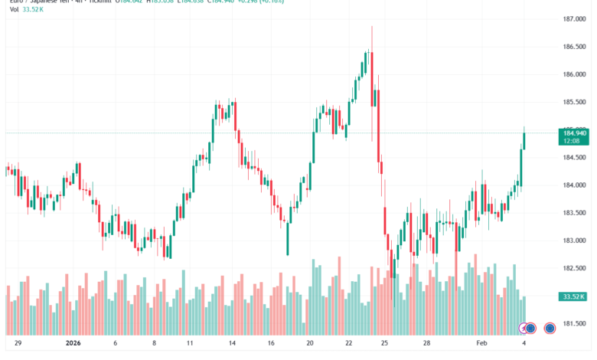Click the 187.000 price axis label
pyautogui.click(x=573, y=19)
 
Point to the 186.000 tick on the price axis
pyautogui.click(x=573, y=74)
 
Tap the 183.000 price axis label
pyautogui.click(x=573, y=241)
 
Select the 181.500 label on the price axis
pyautogui.click(x=573, y=323)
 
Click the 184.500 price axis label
pyautogui.click(x=573, y=158)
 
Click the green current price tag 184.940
pyautogui.click(x=573, y=133)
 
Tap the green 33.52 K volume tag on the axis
pyautogui.click(x=573, y=296)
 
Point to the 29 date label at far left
pyautogui.click(x=18, y=345)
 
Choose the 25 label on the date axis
pyautogui.click(x=384, y=345)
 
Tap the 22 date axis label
pyautogui.click(x=347, y=345)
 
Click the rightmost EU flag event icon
pyautogui.click(x=550, y=329)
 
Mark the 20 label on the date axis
pyautogui.click(x=309, y=345)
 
